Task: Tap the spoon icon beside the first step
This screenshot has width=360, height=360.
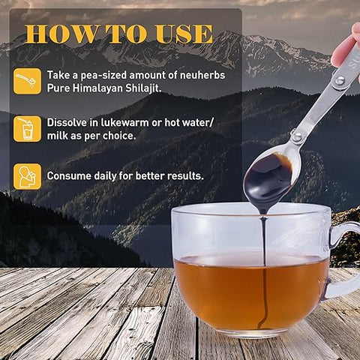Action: tap(27, 81)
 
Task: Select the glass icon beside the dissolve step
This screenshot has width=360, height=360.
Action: tap(27, 128)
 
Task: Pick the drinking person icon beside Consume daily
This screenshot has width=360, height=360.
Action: tap(27, 176)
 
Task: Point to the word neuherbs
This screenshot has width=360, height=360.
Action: tap(200, 75)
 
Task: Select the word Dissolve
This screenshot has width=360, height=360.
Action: tap(68, 121)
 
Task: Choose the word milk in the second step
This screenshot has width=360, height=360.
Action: tap(61, 136)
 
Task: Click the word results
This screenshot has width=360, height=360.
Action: tap(184, 176)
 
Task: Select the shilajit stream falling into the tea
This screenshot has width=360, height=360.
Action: tap(262, 247)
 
